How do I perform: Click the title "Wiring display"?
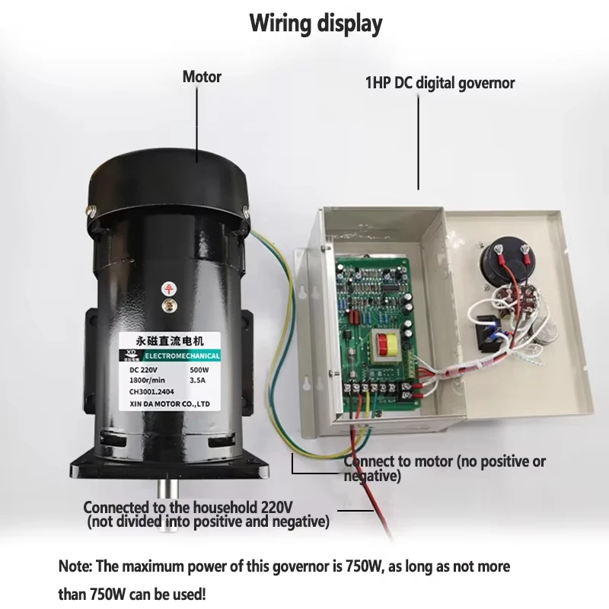coord(316,24)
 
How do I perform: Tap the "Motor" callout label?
coord(202,77)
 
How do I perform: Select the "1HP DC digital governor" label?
coord(440,83)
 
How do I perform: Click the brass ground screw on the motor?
coord(167,305)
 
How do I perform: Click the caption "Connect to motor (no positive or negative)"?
coord(445,468)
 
